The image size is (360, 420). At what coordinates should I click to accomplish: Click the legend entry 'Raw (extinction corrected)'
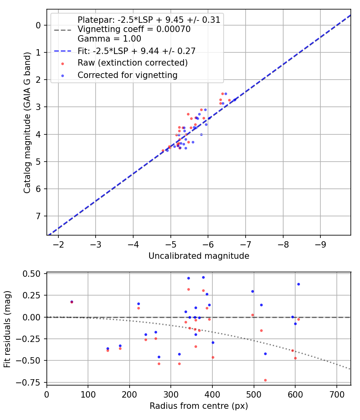click(x=132, y=63)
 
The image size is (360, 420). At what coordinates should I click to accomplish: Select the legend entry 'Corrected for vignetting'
click(x=127, y=75)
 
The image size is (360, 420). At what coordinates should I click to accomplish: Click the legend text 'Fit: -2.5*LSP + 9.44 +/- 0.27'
click(x=136, y=51)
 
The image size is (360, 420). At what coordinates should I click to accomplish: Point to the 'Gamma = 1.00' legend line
click(x=109, y=39)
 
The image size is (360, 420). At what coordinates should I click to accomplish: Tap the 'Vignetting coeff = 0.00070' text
click(x=134, y=29)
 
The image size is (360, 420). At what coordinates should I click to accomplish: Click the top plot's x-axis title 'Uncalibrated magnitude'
click(x=199, y=256)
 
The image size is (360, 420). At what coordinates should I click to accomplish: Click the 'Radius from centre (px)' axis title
click(x=199, y=406)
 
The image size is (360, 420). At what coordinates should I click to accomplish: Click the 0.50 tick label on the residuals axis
click(x=32, y=274)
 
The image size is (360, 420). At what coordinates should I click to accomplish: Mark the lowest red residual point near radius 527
click(x=265, y=380)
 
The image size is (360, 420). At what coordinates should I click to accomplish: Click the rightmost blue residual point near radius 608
click(x=298, y=284)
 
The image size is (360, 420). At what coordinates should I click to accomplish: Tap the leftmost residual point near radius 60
click(x=72, y=302)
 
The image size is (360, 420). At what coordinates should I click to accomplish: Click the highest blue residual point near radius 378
click(x=203, y=277)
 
